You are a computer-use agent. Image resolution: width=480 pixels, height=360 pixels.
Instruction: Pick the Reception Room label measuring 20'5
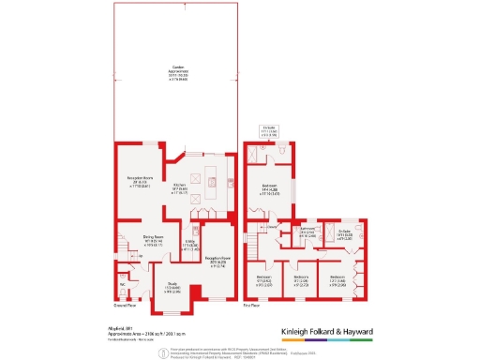pos(217,260)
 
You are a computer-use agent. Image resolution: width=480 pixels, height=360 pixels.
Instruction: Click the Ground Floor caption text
pos(126,305)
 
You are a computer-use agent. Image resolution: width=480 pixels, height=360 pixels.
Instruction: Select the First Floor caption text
pos(252,305)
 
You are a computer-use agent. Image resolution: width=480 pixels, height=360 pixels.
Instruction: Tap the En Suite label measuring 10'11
pos(343,233)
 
